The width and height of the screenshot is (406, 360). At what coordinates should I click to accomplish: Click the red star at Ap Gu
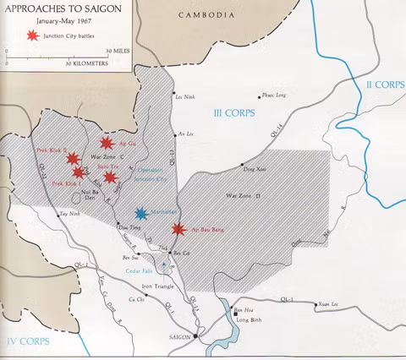pyautogui.click(x=106, y=144)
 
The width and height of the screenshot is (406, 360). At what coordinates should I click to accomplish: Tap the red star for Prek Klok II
pyautogui.click(x=73, y=159)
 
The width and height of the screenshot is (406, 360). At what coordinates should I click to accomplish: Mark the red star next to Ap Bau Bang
pyautogui.click(x=178, y=229)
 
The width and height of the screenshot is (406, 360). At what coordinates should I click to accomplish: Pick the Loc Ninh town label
pyautogui.click(x=184, y=97)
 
